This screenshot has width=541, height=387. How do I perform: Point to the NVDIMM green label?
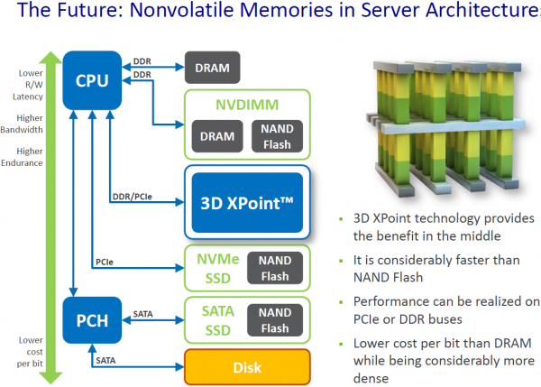pyautogui.click(x=246, y=105)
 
